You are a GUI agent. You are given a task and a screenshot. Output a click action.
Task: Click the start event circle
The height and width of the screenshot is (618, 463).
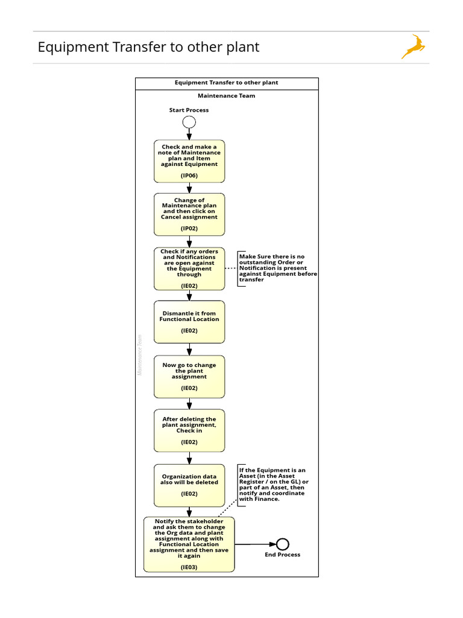[189, 122]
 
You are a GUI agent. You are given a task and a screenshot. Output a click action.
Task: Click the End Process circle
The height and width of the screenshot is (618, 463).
[282, 544]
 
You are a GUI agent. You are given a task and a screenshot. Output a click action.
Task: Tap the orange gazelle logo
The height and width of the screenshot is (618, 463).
[413, 47]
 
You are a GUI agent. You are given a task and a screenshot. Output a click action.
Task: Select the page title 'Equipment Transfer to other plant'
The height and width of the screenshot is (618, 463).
[148, 47]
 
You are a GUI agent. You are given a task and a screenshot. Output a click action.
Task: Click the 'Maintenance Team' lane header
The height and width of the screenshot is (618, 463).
[226, 95]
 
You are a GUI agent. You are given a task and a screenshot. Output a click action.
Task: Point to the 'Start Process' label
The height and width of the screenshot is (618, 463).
[189, 110]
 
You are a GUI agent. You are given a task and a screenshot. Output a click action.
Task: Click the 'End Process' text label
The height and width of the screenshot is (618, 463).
[282, 555]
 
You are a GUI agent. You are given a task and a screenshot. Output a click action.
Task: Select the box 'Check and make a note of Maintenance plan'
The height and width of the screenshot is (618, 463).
[189, 161]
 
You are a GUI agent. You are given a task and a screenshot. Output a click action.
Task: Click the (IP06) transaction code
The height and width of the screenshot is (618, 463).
[189, 176]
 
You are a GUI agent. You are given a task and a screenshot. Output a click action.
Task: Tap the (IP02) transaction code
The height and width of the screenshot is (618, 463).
[189, 229]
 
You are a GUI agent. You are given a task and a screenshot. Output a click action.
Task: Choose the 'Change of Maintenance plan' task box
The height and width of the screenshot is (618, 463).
[189, 214]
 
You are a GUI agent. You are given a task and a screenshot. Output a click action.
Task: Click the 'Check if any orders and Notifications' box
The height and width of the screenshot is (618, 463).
[189, 268]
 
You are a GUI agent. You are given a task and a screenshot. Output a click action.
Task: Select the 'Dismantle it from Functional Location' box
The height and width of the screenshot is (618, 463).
[189, 322]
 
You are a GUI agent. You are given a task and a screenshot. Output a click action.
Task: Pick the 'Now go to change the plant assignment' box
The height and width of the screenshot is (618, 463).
[189, 376]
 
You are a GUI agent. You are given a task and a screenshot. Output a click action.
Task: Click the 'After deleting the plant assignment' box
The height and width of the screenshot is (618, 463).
[189, 430]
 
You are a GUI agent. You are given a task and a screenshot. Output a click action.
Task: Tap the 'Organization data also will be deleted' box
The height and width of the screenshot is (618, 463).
[189, 485]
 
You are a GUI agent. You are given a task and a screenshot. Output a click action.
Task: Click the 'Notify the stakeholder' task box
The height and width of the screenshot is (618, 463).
[189, 544]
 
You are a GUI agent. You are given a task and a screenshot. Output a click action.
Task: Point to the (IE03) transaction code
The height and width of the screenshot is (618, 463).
[189, 567]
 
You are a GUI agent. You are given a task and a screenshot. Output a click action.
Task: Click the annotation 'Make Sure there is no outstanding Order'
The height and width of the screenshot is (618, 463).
[277, 268]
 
